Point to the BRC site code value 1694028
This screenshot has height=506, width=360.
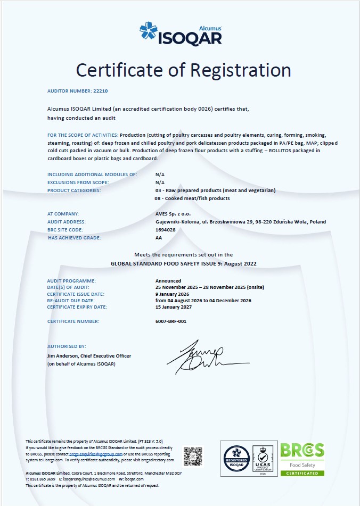[165, 229]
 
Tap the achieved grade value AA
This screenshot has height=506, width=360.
[159, 238]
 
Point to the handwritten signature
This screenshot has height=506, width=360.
[204, 356]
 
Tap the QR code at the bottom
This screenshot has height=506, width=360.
[193, 456]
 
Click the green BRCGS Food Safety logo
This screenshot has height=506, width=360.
[302, 458]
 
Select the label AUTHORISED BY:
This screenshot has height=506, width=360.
[67, 346]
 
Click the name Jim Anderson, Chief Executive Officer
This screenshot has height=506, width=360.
[89, 356]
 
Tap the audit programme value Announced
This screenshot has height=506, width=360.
[168, 280]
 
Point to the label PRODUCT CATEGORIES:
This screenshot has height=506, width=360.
[74, 190]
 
